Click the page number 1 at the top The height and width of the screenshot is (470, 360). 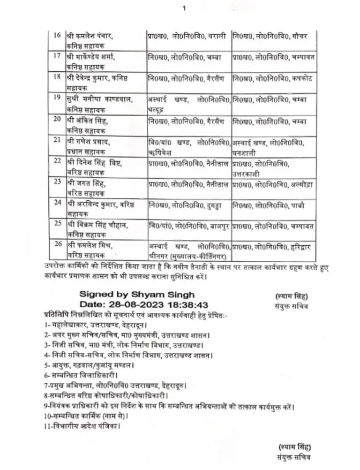coord(184,8)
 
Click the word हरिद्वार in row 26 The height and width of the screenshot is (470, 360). coord(300,245)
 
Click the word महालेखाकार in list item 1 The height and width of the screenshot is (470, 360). coord(67,325)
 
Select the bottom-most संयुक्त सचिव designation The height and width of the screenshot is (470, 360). coord(294,456)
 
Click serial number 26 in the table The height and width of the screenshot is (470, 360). coord(58,243)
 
